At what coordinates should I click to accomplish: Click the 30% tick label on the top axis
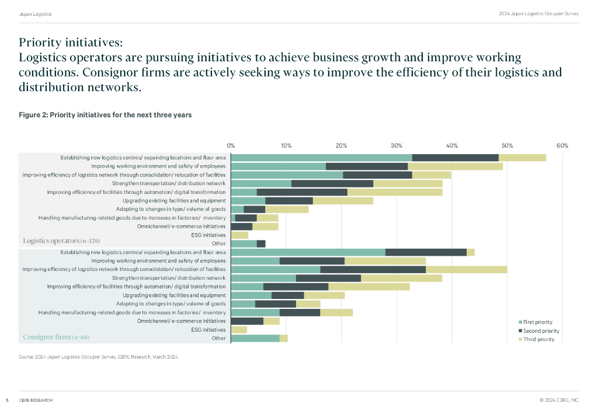pos(397,145)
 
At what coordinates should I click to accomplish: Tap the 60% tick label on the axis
pos(562,145)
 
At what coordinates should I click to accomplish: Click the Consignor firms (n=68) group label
pos(56,338)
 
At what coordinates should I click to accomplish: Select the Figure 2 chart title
pos(105,115)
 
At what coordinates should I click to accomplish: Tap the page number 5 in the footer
pos(7,400)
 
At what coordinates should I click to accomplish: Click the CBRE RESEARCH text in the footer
pos(36,400)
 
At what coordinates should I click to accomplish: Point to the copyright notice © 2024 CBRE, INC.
pos(559,400)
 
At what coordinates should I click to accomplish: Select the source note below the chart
pos(98,356)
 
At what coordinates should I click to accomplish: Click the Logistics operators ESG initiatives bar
pos(240,235)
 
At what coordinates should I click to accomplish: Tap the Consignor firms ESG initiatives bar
pos(239,330)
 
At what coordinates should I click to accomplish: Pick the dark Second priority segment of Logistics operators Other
pos(261,243)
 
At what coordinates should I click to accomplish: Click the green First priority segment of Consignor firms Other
pos(256,338)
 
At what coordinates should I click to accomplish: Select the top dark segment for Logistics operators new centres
pos(455,158)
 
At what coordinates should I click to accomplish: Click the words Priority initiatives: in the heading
pos(71,43)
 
